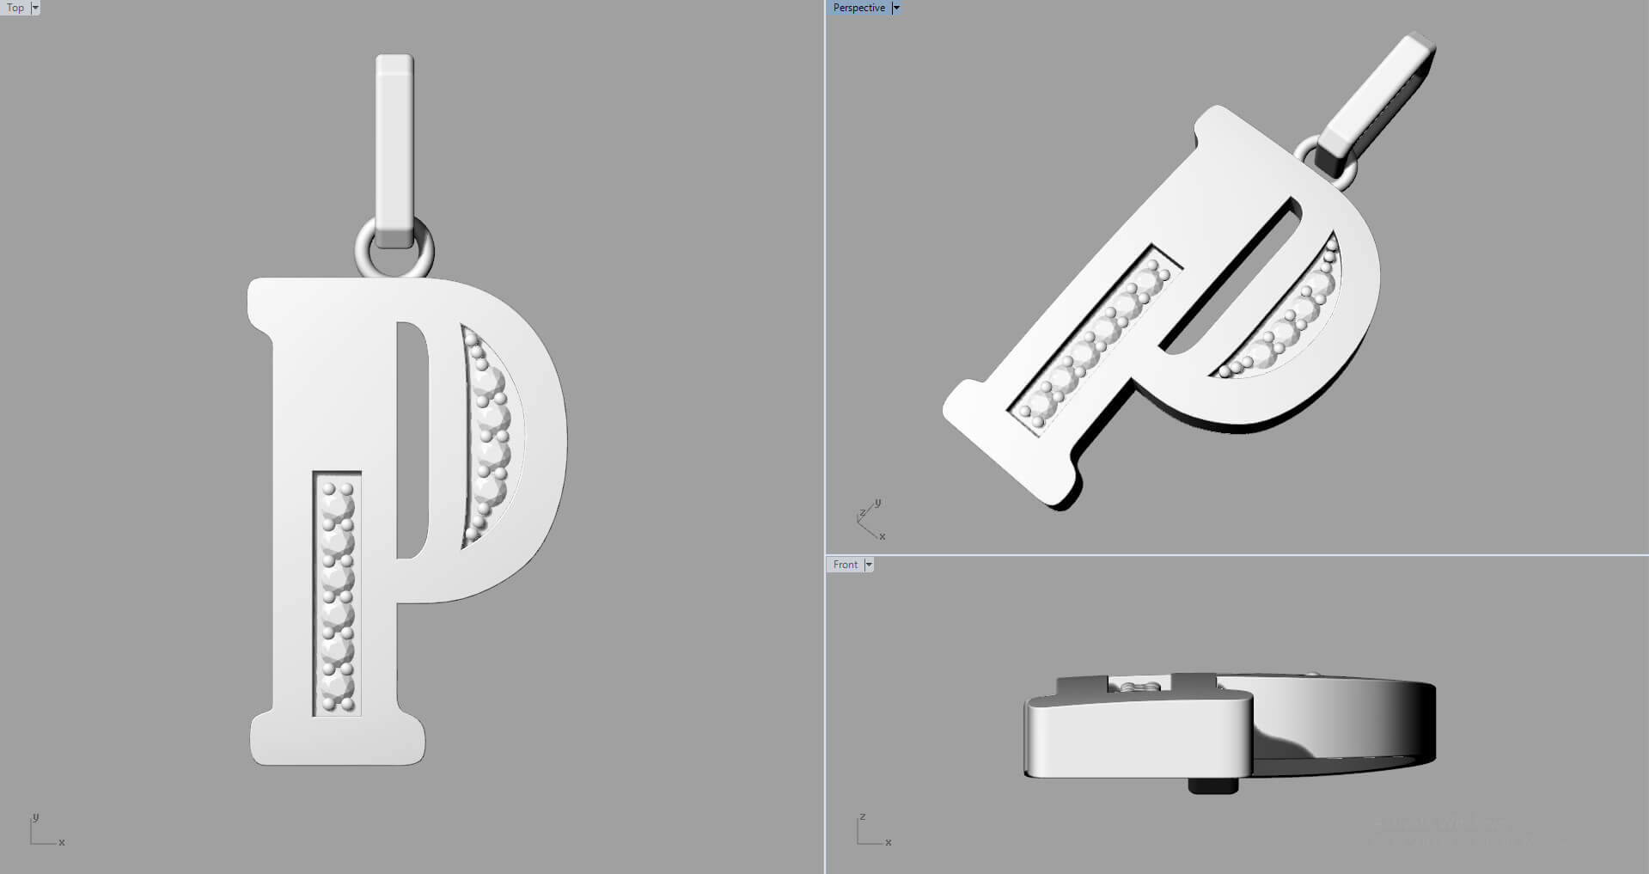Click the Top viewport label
15,8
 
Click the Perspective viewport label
858,8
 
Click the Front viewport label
845,565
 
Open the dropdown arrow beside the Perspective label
895,8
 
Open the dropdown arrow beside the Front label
869,565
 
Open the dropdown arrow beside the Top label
35,8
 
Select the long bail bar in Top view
394,146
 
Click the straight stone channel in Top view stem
337,593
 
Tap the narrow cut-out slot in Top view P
412,438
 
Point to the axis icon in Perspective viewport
870,518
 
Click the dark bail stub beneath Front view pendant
1212,785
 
